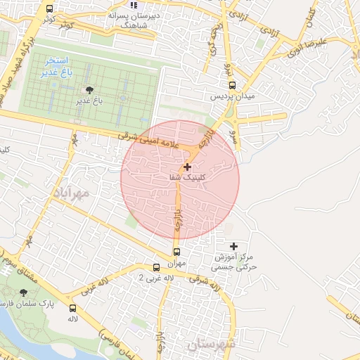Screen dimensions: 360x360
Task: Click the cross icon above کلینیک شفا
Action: click(187, 167)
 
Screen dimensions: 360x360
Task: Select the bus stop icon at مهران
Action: click(176, 252)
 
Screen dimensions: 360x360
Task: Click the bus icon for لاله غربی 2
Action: click(156, 267)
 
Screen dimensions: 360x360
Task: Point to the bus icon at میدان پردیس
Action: click(221, 84)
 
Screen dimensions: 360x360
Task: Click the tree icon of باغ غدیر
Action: click(89, 90)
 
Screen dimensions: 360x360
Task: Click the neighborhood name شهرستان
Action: click(210, 345)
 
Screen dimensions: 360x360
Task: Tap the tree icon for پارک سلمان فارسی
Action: click(24, 292)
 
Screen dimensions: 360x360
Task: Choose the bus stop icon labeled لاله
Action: click(72, 308)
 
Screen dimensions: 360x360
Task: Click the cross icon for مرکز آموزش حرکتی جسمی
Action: click(234, 246)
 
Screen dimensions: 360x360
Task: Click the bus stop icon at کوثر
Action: click(49, 9)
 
